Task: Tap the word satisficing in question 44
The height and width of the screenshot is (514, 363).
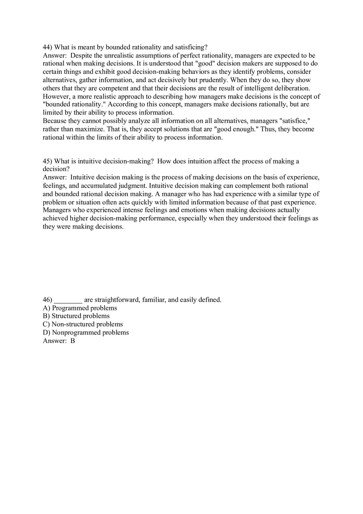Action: (x=190, y=47)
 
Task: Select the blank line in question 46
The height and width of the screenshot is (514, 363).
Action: (x=68, y=300)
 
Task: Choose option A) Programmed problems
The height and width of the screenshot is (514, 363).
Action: (x=80, y=308)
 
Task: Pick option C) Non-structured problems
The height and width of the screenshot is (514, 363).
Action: (x=83, y=324)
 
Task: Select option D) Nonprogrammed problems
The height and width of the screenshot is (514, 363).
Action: (x=86, y=333)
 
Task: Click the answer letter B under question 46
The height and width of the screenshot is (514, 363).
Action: (x=73, y=341)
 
